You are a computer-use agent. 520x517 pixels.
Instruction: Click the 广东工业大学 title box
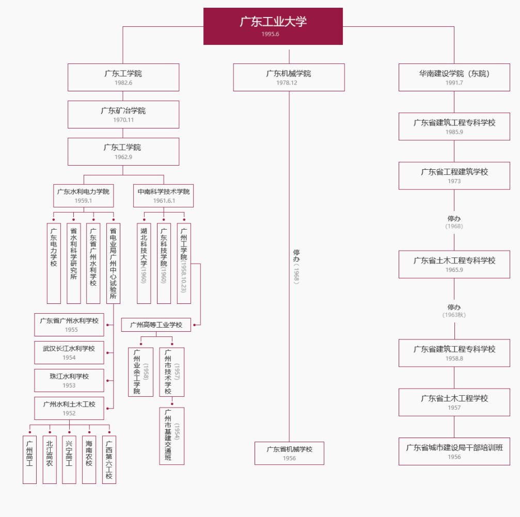click(x=273, y=26)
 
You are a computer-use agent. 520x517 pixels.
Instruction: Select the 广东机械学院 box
click(x=289, y=77)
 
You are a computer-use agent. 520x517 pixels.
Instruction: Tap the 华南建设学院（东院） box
click(x=454, y=77)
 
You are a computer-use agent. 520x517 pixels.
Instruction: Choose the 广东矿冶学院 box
click(x=123, y=115)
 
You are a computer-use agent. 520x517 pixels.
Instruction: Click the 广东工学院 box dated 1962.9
click(x=123, y=151)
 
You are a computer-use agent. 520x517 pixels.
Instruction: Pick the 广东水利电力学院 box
click(x=83, y=196)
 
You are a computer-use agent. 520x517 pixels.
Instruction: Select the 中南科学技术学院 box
click(x=163, y=196)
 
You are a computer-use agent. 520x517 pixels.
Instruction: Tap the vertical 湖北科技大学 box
click(x=144, y=263)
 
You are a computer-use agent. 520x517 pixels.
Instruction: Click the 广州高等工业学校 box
click(x=156, y=325)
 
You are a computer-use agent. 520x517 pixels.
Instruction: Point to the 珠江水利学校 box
click(x=69, y=380)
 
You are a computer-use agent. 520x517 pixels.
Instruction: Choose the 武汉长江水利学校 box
click(x=69, y=352)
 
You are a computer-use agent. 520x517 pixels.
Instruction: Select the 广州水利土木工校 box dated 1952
click(x=69, y=408)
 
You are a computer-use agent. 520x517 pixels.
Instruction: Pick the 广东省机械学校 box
click(x=289, y=453)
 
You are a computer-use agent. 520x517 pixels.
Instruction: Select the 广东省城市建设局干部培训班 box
click(x=454, y=451)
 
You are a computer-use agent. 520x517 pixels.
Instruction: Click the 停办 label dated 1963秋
click(x=454, y=311)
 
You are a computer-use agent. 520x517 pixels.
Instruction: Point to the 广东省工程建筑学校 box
click(x=454, y=175)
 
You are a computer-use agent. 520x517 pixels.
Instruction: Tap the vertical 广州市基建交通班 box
click(x=171, y=435)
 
